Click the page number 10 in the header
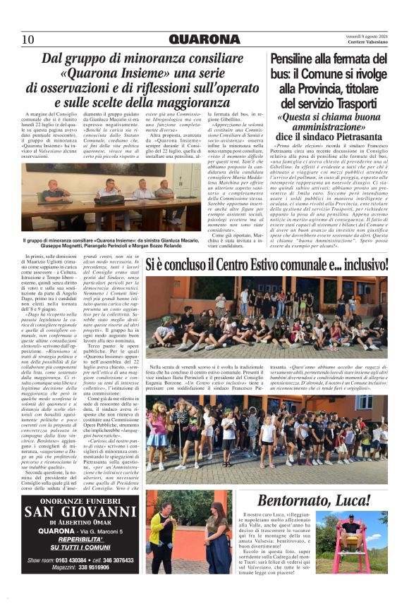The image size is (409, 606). pos(28,39)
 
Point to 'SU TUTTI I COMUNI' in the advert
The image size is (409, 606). pos(80,547)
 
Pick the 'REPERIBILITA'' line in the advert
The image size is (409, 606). pos(80,539)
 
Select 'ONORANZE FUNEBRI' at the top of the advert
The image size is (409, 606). pos(80,498)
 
